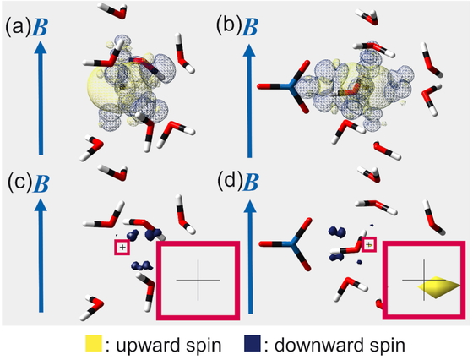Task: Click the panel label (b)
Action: coord(229,25)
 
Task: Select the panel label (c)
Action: coord(19,183)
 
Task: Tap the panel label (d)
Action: coord(230,182)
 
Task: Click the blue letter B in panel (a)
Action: coord(41,27)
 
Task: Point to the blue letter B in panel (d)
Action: coord(251,183)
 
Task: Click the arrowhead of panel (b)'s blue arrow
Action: coord(249,50)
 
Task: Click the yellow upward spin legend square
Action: coord(93,343)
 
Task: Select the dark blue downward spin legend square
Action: coord(252,343)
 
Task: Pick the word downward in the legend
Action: coord(313,344)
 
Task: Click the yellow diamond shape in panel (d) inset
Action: coord(439,287)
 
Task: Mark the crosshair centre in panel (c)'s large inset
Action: coord(198,280)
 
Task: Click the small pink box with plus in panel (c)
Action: coord(122,248)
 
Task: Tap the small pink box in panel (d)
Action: coord(368,245)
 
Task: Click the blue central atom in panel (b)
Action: coord(289,86)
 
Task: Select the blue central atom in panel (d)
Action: coord(291,243)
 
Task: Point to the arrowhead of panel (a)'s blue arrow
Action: coord(41,48)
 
